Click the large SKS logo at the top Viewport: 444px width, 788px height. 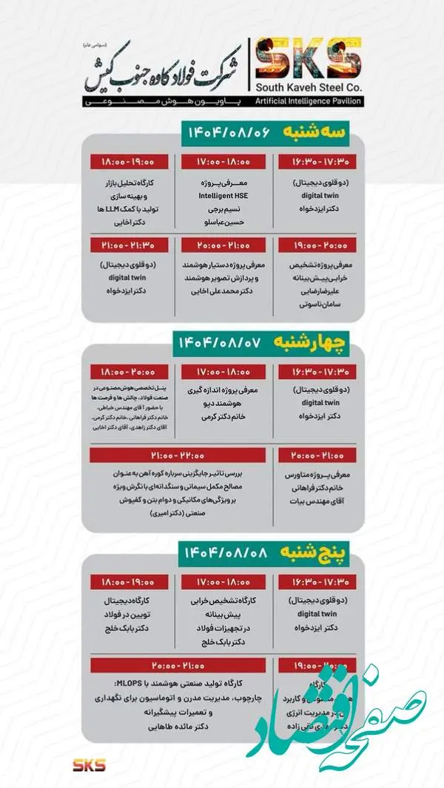tap(306, 58)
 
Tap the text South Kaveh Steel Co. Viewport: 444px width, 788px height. tap(306, 86)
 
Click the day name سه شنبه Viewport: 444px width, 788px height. tap(311, 133)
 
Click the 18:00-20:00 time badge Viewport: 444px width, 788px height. tap(123, 371)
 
